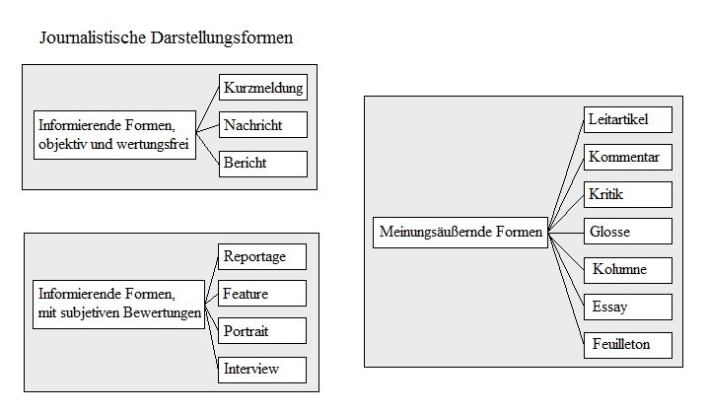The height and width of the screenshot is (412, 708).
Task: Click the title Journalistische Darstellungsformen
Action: (167, 37)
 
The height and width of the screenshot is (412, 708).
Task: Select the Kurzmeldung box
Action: (263, 87)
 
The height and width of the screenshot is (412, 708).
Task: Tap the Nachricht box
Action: (263, 124)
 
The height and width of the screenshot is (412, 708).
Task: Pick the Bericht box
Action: (263, 164)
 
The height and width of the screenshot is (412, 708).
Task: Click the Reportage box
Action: (262, 256)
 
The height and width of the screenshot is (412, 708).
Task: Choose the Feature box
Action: (262, 294)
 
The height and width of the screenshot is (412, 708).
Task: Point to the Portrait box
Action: (262, 331)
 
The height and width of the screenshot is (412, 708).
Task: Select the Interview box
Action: (262, 370)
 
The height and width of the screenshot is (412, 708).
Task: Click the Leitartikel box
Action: (628, 119)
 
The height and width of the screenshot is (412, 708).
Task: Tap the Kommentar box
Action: (628, 157)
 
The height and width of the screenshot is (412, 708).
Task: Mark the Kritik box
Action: (628, 194)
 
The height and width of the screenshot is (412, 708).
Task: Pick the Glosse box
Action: (628, 231)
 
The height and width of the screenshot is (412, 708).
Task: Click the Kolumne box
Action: (628, 270)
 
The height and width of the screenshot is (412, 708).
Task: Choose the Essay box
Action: (628, 307)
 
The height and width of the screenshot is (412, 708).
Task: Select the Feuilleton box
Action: (628, 345)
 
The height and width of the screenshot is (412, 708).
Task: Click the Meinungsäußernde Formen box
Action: (460, 232)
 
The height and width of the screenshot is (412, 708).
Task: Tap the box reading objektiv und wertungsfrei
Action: (114, 135)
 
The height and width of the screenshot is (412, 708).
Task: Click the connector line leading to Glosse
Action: (566, 233)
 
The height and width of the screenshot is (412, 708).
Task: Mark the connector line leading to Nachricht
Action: (208, 128)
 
